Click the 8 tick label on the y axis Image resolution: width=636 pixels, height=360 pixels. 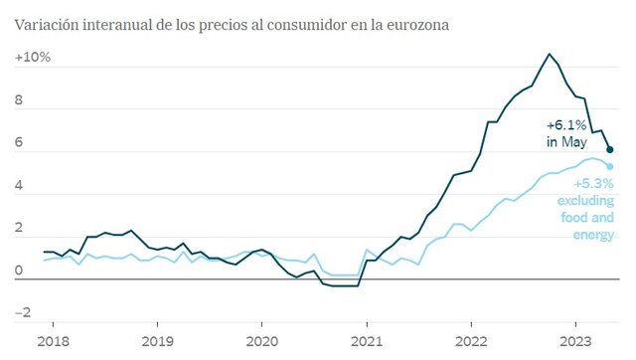[x=19, y=100]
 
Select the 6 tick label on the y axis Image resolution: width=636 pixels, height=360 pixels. [x=19, y=143]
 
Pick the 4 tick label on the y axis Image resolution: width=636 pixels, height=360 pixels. [x=19, y=186]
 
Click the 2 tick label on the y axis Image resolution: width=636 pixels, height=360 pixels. [x=19, y=229]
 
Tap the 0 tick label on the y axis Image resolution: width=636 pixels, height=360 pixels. [x=19, y=271]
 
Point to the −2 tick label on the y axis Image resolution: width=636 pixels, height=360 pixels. [x=21, y=314]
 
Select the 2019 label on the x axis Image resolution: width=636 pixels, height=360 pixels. [x=158, y=341]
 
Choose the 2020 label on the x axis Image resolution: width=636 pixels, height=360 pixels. [x=262, y=341]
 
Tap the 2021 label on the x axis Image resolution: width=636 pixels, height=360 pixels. [x=367, y=341]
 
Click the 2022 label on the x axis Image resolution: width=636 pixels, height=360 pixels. [x=471, y=341]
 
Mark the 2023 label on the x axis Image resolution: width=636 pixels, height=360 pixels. [x=576, y=341]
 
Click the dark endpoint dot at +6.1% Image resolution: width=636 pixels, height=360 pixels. [x=610, y=149]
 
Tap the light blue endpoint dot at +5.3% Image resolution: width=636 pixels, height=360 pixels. [x=610, y=166]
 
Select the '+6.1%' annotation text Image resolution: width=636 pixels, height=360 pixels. [x=567, y=126]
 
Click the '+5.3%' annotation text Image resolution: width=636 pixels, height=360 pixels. [x=594, y=184]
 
